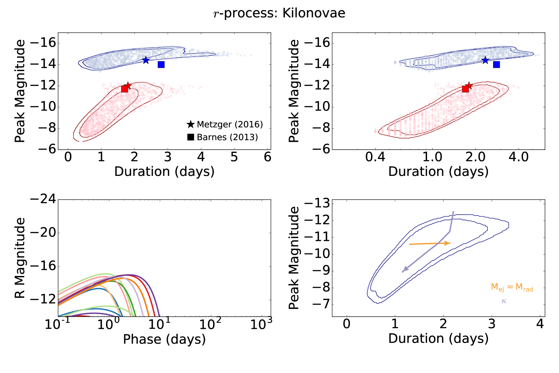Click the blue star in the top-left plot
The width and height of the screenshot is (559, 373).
pyautogui.click(x=146, y=60)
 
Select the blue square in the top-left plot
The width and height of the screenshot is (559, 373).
pyautogui.click(x=161, y=64)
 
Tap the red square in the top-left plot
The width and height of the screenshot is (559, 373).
pyautogui.click(x=125, y=89)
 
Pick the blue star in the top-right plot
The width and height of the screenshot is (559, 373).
pyautogui.click(x=485, y=60)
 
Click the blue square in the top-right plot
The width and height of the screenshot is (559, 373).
pyautogui.click(x=496, y=64)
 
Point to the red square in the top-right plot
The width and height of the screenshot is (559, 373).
pyautogui.click(x=465, y=89)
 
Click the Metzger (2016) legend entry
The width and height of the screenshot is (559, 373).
pyautogui.click(x=225, y=124)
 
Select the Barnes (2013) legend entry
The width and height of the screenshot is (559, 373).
pyautogui.click(x=223, y=137)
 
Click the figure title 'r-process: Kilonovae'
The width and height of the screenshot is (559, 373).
pyautogui.click(x=279, y=13)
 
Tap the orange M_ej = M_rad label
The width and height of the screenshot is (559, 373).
pyautogui.click(x=512, y=287)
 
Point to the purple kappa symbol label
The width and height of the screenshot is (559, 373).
pyautogui.click(x=504, y=301)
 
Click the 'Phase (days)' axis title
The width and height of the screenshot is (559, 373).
pyautogui.click(x=164, y=339)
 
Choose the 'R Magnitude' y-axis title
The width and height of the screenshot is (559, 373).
pyautogui.click(x=20, y=258)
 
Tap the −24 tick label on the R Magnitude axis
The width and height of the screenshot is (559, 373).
pyautogui.click(x=43, y=199)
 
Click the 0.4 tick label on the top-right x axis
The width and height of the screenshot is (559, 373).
pyautogui.click(x=375, y=157)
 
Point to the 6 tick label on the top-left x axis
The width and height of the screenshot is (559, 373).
pyautogui.click(x=268, y=157)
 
